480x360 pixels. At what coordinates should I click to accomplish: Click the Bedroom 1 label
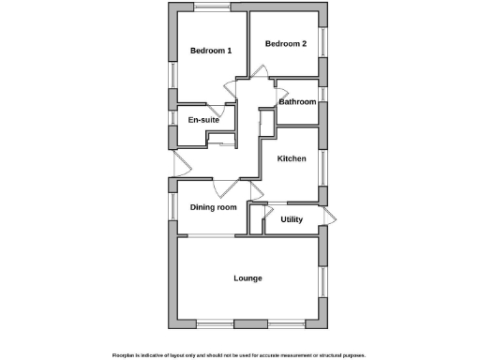click(x=211, y=51)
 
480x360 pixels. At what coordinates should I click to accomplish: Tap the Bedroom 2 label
click(x=286, y=43)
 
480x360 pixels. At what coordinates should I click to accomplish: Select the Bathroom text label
click(x=296, y=101)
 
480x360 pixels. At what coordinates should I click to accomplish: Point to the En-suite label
click(x=204, y=120)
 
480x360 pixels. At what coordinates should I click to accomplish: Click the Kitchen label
click(x=292, y=158)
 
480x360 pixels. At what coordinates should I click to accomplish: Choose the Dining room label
click(x=214, y=207)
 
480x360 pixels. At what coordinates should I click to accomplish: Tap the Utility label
click(x=292, y=219)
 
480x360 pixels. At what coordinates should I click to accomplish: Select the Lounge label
click(x=248, y=278)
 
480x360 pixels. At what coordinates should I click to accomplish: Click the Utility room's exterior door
click(x=327, y=217)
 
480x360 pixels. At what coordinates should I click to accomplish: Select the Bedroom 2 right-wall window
click(x=323, y=42)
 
